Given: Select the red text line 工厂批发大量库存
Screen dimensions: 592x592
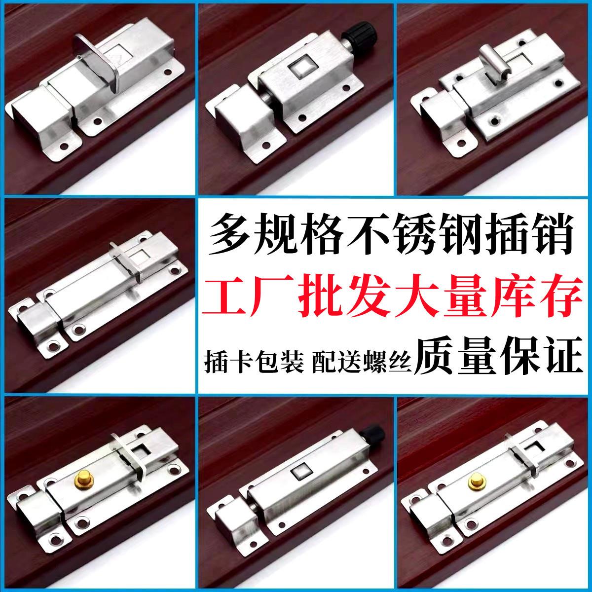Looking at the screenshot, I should pyautogui.click(x=393, y=295).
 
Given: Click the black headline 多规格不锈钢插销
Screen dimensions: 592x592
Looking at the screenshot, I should pyautogui.click(x=393, y=234).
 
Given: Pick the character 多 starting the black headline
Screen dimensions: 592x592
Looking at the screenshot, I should pyautogui.click(x=231, y=234).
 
